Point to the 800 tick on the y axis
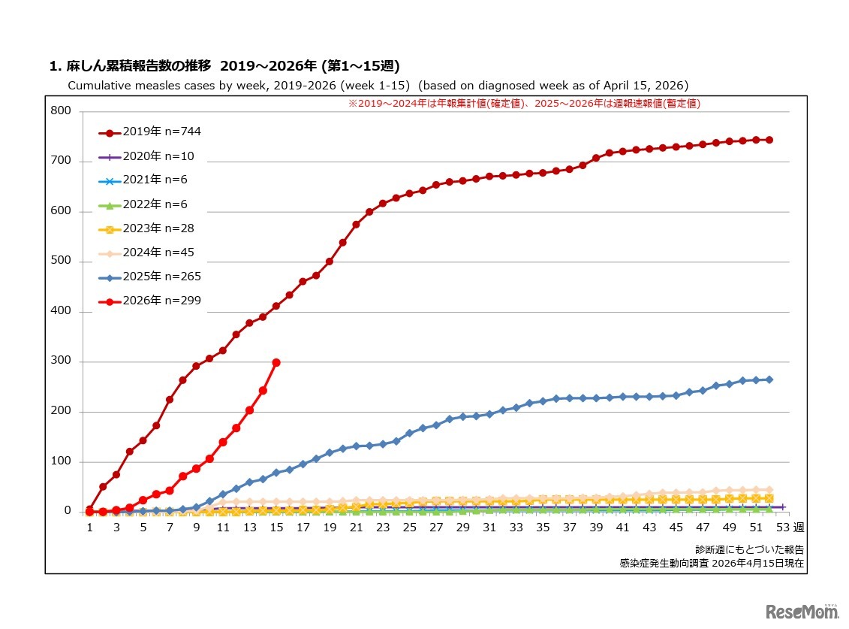(61, 111)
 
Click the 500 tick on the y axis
(61, 262)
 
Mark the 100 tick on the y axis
(61, 461)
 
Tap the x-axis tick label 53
(782, 528)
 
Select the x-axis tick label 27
(436, 528)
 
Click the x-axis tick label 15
(276, 528)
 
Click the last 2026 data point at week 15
(276, 362)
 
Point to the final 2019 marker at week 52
(769, 140)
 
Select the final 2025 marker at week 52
(769, 380)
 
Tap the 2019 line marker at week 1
(90, 510)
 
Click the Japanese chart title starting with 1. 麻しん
(218, 66)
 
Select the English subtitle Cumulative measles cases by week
(378, 86)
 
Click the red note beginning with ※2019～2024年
(523, 104)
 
